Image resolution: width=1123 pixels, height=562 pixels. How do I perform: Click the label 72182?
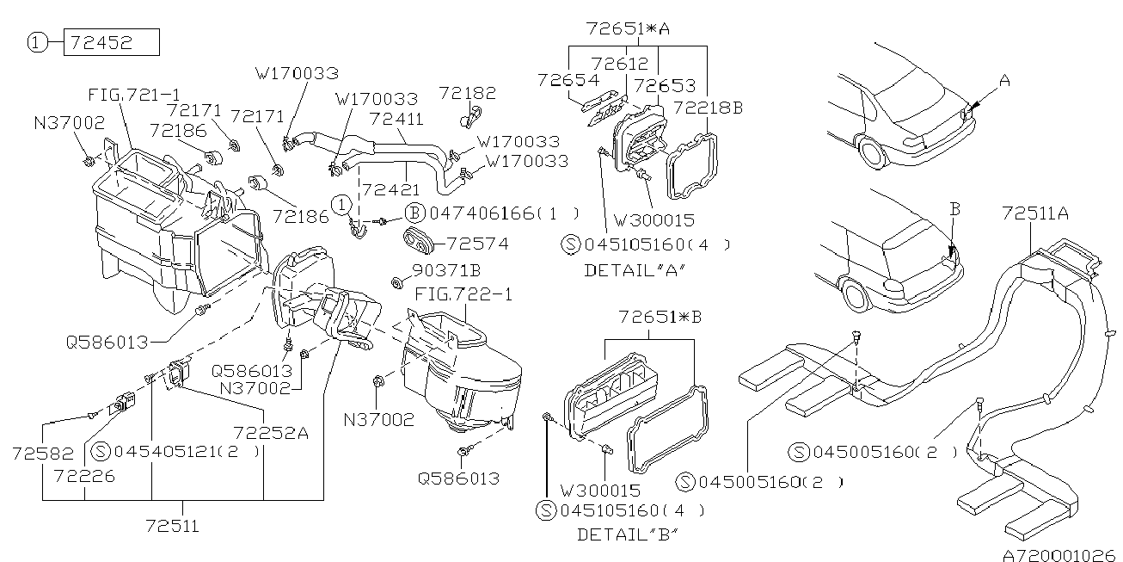click(x=466, y=91)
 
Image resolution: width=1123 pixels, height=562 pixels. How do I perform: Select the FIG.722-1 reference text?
click(x=463, y=294)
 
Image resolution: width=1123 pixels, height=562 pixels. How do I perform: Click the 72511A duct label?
click(x=1035, y=213)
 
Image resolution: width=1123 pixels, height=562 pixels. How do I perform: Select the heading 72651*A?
click(x=627, y=28)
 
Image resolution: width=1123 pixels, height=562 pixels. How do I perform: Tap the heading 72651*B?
click(x=660, y=317)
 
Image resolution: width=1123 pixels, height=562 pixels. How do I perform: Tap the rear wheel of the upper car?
click(x=871, y=158)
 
